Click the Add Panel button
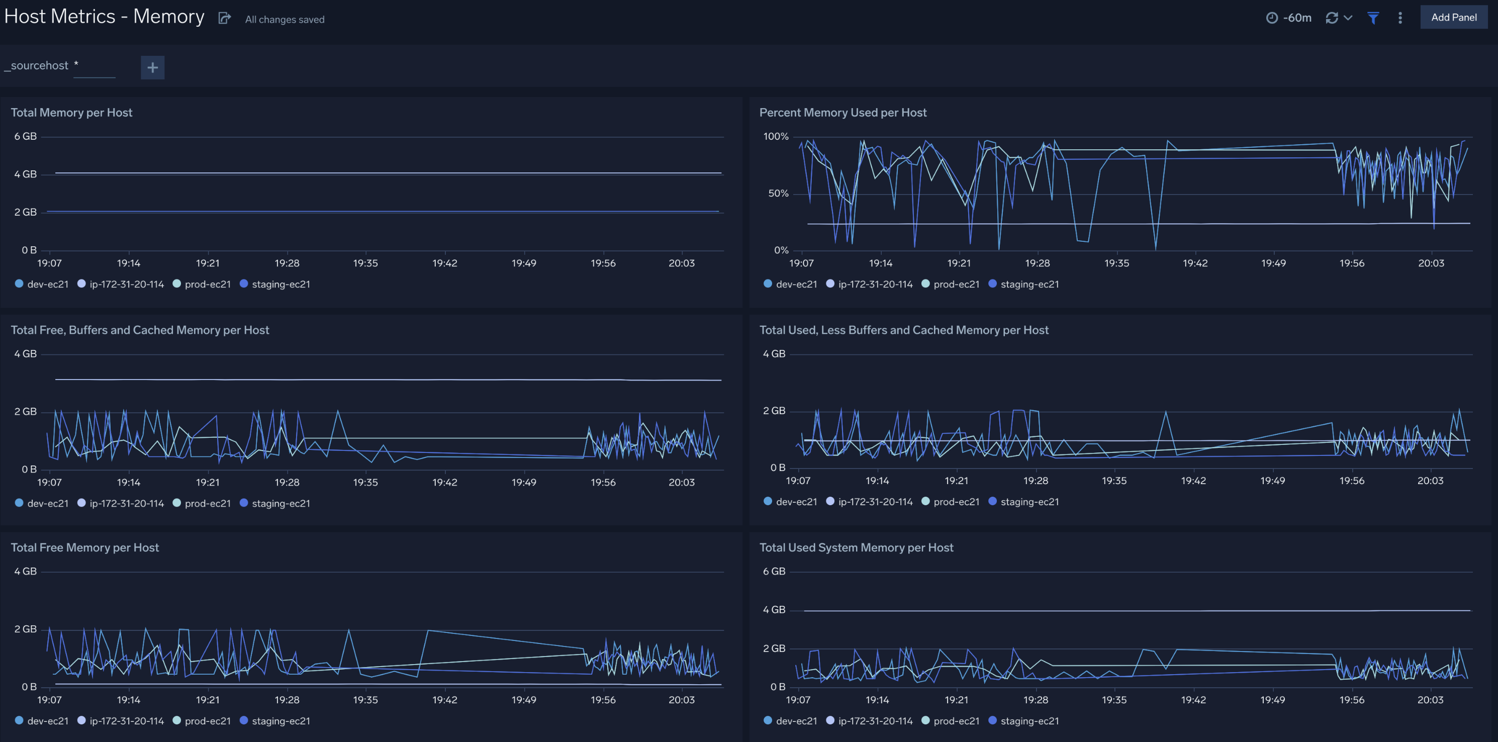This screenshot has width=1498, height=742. click(x=1453, y=18)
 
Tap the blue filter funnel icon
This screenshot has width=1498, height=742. click(x=1373, y=18)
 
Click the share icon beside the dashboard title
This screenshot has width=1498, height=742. click(x=225, y=19)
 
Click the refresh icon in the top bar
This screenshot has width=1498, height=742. click(x=1332, y=18)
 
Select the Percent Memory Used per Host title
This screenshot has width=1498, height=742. click(x=842, y=112)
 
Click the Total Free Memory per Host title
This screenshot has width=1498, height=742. click(x=84, y=547)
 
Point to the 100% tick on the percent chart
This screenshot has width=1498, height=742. click(x=776, y=136)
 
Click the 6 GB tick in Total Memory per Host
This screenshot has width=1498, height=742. click(x=26, y=136)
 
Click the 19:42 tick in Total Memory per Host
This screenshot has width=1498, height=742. click(x=445, y=263)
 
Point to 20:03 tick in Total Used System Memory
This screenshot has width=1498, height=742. click(x=1430, y=700)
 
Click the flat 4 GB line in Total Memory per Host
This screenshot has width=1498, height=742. click(x=384, y=173)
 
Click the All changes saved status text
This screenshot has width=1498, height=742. click(x=285, y=19)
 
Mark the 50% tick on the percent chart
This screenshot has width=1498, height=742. click(x=778, y=193)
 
